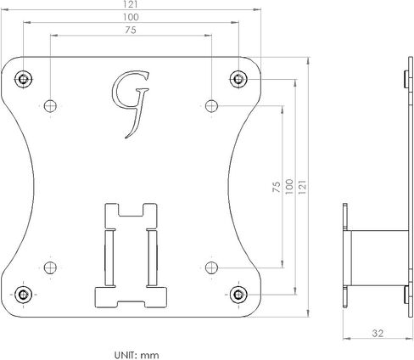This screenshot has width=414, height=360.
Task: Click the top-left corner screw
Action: tap(23, 79)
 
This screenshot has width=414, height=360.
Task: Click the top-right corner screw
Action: tap(238, 79)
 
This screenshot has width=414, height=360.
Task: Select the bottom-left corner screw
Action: tap(23, 295)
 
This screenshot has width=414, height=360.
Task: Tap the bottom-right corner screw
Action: tap(238, 295)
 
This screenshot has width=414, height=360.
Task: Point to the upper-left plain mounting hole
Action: tap(50, 106)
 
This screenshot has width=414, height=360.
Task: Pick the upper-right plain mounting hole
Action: tap(211, 106)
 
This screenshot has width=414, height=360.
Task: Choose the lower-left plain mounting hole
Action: tap(50, 267)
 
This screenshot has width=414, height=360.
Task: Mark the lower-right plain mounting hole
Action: tap(211, 267)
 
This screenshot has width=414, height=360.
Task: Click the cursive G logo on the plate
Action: tap(131, 104)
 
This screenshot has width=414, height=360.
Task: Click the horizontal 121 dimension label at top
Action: tap(131, 4)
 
